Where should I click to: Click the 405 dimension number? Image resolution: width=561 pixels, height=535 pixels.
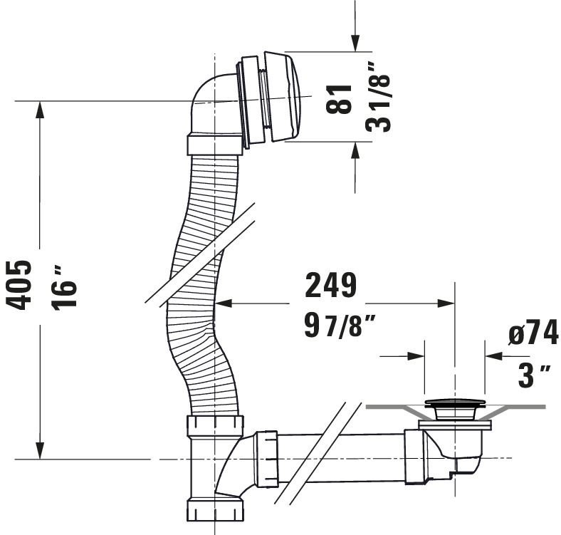[20, 285]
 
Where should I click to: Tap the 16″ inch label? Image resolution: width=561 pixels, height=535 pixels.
[63, 288]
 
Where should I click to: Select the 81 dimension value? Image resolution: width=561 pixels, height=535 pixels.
[339, 99]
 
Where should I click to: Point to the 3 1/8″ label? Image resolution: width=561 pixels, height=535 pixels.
[379, 97]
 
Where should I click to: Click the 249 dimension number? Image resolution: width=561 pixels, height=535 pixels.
[331, 285]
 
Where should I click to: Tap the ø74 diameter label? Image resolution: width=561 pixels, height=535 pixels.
[533, 332]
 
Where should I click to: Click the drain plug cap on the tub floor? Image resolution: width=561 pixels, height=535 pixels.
[455, 404]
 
